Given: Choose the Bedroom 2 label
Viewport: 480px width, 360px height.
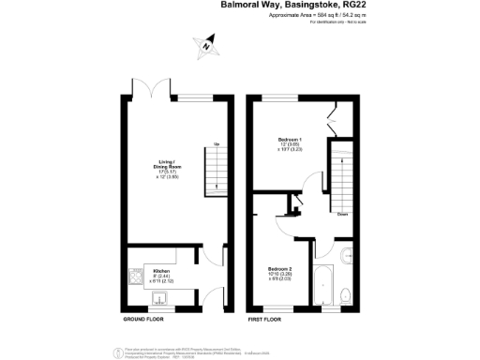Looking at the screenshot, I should pyautogui.click(x=281, y=269).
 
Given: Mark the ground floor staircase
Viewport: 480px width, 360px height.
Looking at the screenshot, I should pyautogui.click(x=216, y=171).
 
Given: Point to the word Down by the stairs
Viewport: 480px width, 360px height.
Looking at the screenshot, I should pyautogui.click(x=344, y=212).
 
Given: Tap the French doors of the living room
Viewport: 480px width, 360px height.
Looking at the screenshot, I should pyautogui.click(x=152, y=90).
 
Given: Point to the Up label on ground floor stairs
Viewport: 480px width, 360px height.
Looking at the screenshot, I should pyautogui.click(x=217, y=142).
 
